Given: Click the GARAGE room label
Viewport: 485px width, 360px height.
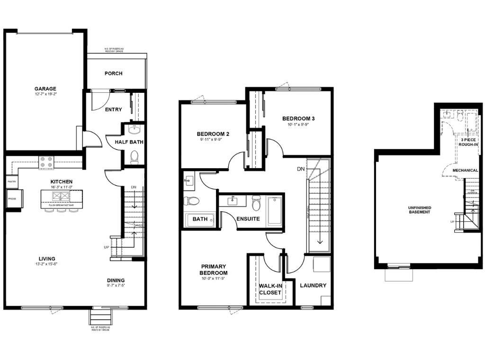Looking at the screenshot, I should [45, 89].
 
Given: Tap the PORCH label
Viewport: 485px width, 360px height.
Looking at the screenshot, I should [113, 73].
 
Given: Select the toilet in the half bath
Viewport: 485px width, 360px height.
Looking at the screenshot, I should [134, 156].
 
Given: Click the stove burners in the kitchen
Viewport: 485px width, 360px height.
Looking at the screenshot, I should [46, 162].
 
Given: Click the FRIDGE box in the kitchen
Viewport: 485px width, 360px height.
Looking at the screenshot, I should [12, 198].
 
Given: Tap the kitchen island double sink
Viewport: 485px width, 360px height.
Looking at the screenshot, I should [61, 196].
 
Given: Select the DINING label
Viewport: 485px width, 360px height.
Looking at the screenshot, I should [116, 280].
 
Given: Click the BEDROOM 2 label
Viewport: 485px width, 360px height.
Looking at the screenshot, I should [213, 135].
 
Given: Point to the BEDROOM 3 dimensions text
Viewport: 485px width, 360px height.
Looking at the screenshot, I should [298, 125].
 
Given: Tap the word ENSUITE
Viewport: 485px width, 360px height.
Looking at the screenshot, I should [248, 219].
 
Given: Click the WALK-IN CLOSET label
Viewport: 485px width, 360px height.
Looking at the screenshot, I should [270, 289].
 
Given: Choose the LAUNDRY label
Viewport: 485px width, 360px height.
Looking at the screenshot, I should [313, 286].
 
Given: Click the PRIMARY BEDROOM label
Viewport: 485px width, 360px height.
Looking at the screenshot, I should [214, 270].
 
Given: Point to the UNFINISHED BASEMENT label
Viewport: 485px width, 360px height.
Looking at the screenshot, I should [420, 209].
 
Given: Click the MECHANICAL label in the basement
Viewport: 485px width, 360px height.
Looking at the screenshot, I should [465, 171].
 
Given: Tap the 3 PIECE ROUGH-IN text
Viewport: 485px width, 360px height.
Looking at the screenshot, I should [468, 143].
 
